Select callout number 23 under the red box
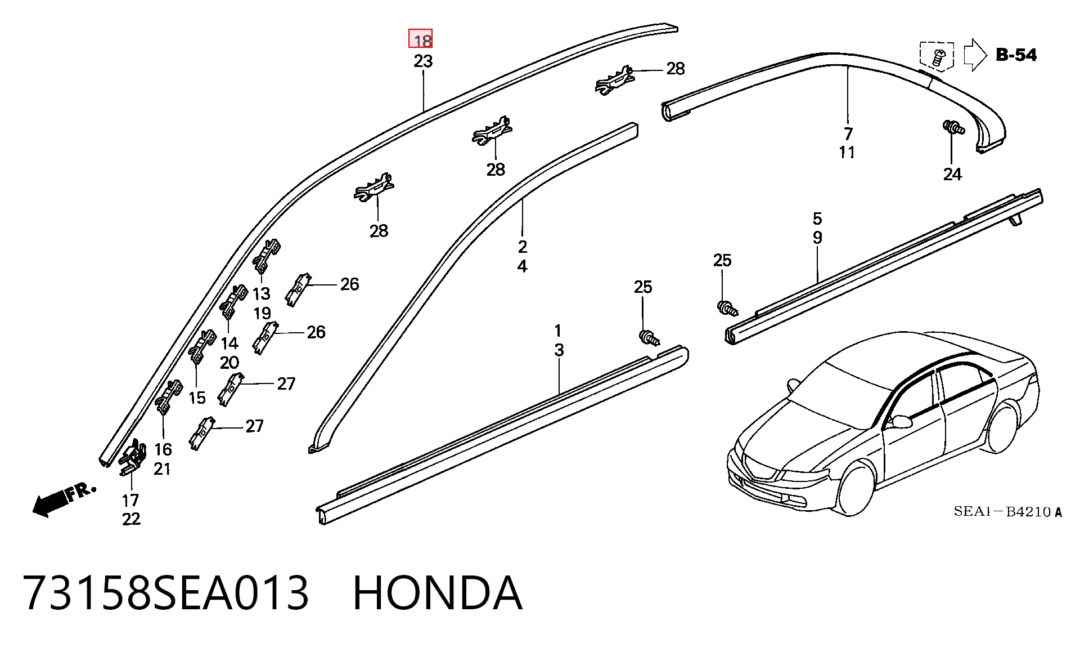[x=423, y=61]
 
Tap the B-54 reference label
[x=1016, y=55]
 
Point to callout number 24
[x=952, y=174]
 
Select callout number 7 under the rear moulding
[x=848, y=133]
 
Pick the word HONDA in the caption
[x=438, y=592]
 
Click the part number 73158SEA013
[x=166, y=592]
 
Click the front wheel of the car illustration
[x=856, y=488]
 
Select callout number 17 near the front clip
[x=130, y=500]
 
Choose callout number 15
[x=197, y=398]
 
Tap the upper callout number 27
[x=286, y=383]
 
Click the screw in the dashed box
[x=938, y=57]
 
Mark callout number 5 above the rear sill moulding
[x=817, y=218]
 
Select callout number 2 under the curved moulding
[x=523, y=247]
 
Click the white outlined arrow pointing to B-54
[x=975, y=55]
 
